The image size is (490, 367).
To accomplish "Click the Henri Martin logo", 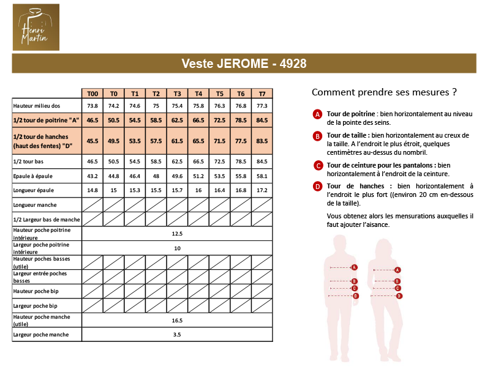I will pyautogui.click(x=36, y=27).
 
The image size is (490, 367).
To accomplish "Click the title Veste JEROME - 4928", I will pyautogui.click(x=244, y=64).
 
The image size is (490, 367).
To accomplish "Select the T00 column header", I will pyautogui.click(x=92, y=94).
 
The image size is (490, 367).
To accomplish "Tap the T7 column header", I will pyautogui.click(x=262, y=94).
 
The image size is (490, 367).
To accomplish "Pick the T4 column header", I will pyautogui.click(x=198, y=94).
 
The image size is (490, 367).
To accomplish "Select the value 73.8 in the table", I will pyautogui.click(x=92, y=106).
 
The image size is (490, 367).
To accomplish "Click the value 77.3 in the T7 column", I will pyautogui.click(x=262, y=106).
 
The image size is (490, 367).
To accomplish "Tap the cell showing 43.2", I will pyautogui.click(x=92, y=176).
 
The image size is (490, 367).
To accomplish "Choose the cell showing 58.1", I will pyautogui.click(x=262, y=176).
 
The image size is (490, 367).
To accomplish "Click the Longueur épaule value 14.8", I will pyautogui.click(x=92, y=190).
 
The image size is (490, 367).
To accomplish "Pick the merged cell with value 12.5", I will pyautogui.click(x=177, y=234).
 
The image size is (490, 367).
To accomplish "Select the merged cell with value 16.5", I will pyautogui.click(x=177, y=320).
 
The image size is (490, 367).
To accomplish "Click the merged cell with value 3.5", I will pyautogui.click(x=177, y=335).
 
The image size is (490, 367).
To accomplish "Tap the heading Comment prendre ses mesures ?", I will pyautogui.click(x=384, y=93).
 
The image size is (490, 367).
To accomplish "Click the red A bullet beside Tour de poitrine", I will pyautogui.click(x=317, y=114).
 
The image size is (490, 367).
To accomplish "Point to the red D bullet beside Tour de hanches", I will pyautogui.click(x=317, y=187).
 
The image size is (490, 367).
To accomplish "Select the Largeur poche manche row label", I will pyautogui.click(x=40, y=335).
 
